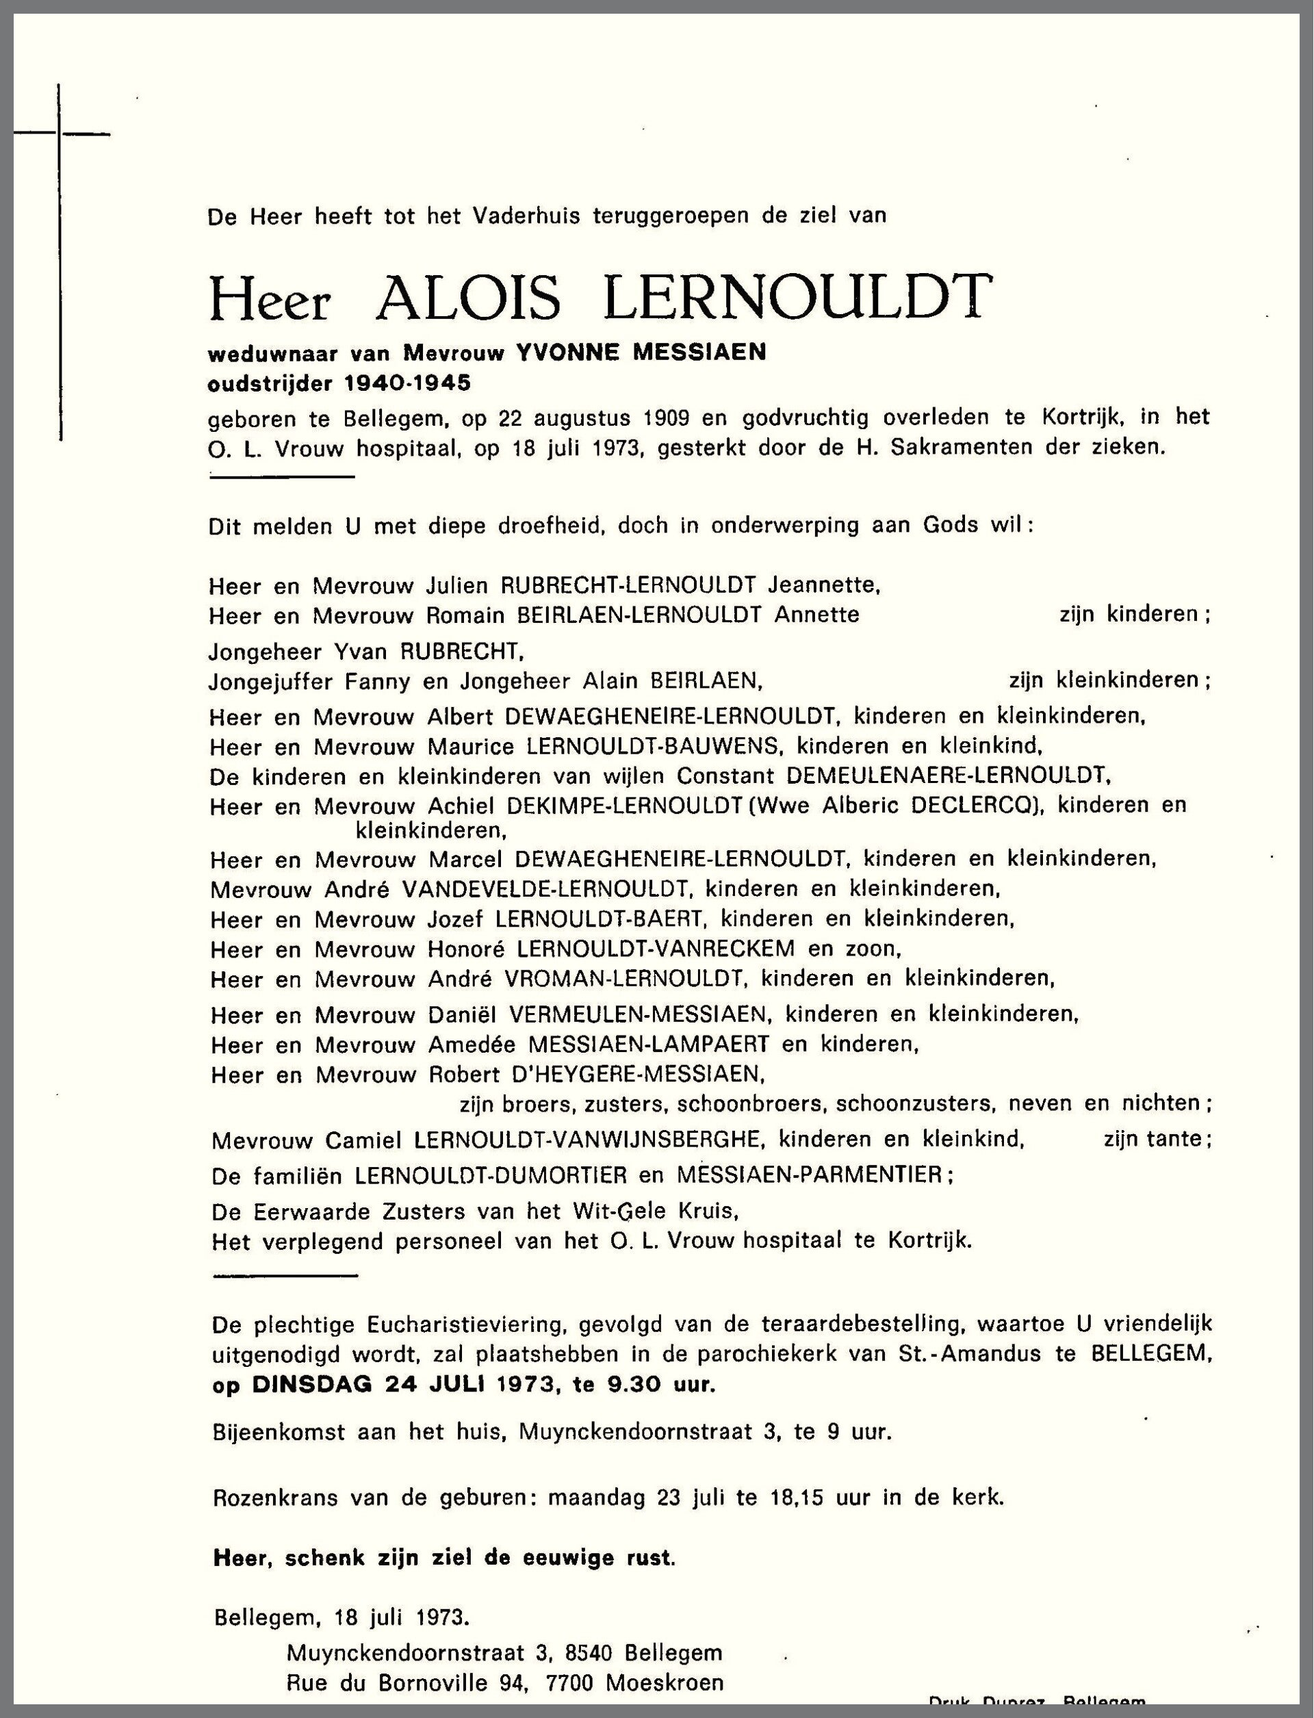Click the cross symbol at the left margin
point(60,135)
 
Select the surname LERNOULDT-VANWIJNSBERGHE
point(587,1139)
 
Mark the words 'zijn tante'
point(1155,1139)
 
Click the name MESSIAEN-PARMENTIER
point(810,1175)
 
